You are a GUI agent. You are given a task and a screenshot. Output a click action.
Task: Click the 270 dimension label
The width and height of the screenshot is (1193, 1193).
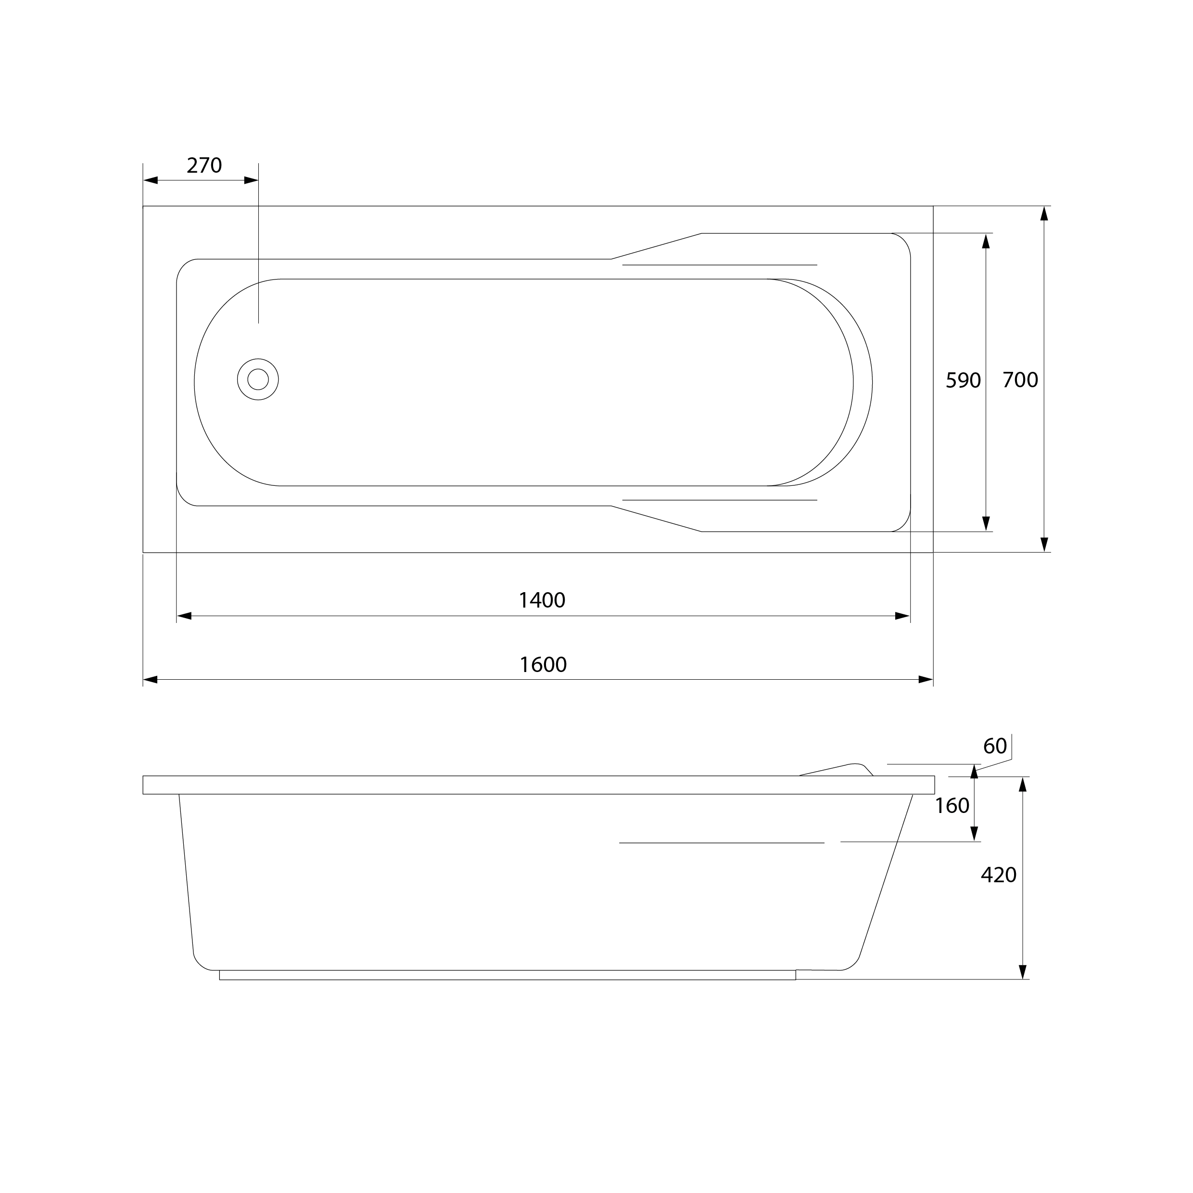coord(204,165)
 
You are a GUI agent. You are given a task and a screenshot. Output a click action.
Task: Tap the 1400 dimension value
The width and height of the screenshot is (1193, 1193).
coord(542,600)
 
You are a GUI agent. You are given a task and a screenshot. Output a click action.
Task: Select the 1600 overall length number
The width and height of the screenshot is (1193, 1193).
coord(543,664)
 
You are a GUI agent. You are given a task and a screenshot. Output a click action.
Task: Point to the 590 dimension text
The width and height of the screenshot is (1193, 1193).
coord(963,381)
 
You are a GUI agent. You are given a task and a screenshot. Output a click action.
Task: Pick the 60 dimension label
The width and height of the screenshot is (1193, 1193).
coord(995,746)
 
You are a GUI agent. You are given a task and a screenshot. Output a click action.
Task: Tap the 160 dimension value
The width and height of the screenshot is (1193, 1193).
coord(952,806)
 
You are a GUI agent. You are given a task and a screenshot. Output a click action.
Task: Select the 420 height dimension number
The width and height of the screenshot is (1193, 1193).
coord(999,875)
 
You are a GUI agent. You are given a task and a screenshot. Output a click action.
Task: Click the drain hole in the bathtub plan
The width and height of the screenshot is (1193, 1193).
coord(258,379)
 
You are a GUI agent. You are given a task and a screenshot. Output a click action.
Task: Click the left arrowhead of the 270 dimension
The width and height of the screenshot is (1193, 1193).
coord(151,180)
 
